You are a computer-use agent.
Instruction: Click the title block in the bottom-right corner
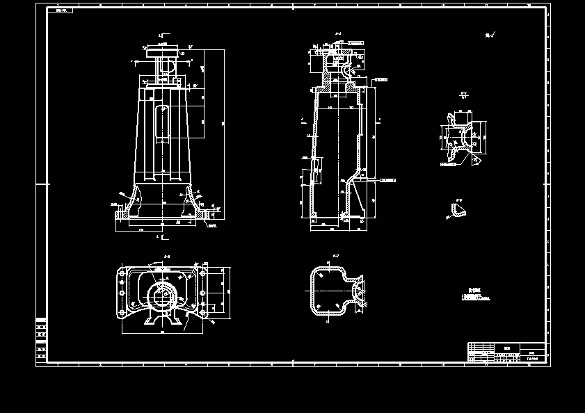click(x=506, y=352)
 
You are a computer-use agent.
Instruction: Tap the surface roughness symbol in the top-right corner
click(x=489, y=35)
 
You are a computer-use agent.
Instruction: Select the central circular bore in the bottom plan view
click(x=164, y=295)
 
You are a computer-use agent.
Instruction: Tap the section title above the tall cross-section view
click(x=338, y=33)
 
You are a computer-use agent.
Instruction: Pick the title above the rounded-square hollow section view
click(x=335, y=256)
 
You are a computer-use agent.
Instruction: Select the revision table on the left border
click(x=41, y=339)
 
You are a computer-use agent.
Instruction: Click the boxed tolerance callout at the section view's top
click(x=355, y=43)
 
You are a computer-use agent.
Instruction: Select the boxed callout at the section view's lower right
click(x=387, y=180)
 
